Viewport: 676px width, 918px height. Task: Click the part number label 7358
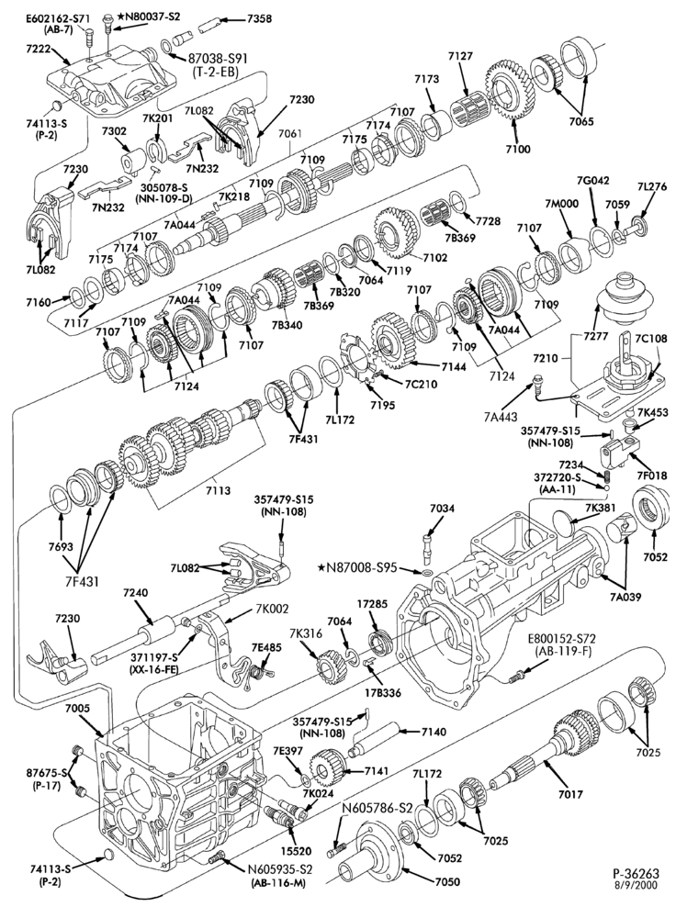pos(259,18)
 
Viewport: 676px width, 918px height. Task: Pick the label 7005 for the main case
pos(77,708)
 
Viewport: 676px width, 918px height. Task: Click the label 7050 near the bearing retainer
pos(447,881)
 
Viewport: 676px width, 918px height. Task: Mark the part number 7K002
pos(272,609)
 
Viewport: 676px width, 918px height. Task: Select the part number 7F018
pos(650,476)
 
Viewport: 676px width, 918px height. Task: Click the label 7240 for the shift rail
pos(136,592)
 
